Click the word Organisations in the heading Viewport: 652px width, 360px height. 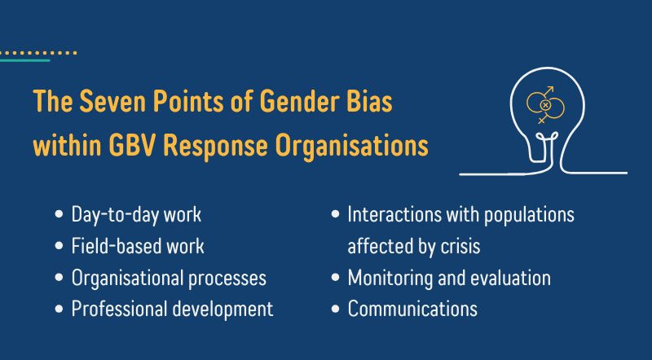point(352,147)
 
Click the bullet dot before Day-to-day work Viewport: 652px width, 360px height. point(59,214)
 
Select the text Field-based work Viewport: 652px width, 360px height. point(138,246)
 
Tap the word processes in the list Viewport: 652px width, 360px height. point(227,279)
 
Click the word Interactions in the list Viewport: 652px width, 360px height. point(394,214)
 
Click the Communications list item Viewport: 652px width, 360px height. point(412,309)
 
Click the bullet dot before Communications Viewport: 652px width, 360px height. point(336,309)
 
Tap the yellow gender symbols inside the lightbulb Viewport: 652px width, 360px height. point(545,105)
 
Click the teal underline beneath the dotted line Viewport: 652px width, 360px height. point(25,61)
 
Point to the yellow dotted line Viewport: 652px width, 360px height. point(38,53)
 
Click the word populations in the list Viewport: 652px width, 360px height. point(529,215)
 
